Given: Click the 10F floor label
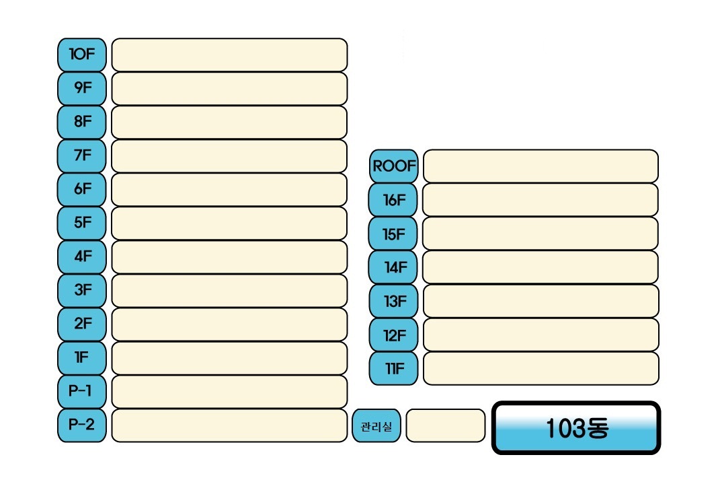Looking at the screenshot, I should tap(82, 55).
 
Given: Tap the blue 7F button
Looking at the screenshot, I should tap(82, 155).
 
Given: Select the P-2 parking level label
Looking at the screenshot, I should tap(82, 425).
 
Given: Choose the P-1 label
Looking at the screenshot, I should tap(82, 391).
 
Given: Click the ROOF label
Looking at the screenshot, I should tap(394, 166).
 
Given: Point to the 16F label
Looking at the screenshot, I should tap(393, 199).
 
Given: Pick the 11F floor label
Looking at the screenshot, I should tap(393, 368).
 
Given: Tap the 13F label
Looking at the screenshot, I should tap(393, 301).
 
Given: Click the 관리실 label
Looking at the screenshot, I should tap(376, 426).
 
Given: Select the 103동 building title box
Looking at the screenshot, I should tap(576, 428).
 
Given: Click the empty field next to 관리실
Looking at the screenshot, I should tap(445, 426).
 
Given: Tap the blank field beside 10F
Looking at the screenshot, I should tap(229, 55).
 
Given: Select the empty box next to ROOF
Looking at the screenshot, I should tap(541, 166).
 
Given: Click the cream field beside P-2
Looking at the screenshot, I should tap(229, 425).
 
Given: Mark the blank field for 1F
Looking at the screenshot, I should tap(229, 358).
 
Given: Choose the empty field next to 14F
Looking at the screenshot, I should tap(541, 267).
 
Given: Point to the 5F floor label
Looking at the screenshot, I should tap(82, 223).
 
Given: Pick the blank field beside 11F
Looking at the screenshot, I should tap(541, 368).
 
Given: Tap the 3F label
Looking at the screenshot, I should tap(82, 290).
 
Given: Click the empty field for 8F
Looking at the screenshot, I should tap(229, 122).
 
